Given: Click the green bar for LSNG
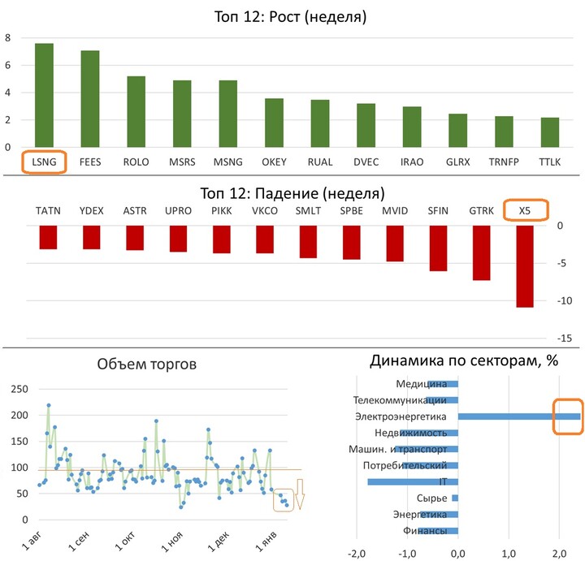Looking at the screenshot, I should click(x=44, y=96).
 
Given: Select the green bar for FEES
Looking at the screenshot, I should click(x=89, y=99).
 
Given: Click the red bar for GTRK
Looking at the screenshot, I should click(x=481, y=252).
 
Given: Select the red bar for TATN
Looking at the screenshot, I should click(x=48, y=237).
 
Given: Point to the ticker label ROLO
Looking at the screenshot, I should click(x=136, y=161).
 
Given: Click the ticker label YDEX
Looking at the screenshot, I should click(x=91, y=210).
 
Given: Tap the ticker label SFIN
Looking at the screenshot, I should click(x=438, y=210).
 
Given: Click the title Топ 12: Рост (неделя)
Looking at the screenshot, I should click(x=292, y=16).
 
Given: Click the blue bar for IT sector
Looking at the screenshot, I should click(x=413, y=481).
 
